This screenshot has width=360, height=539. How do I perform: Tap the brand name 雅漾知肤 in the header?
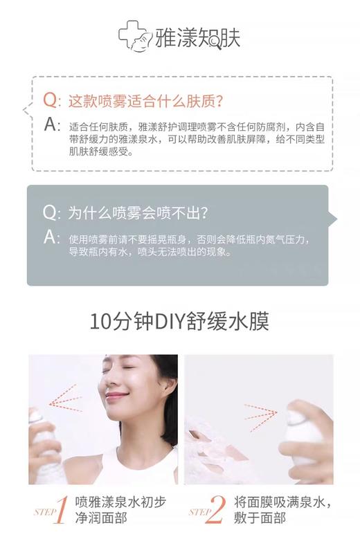[199, 37]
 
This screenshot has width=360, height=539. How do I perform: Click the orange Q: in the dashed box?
[52, 100]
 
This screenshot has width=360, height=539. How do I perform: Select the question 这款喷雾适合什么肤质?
[145, 101]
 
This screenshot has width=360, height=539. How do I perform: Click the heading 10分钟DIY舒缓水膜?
[179, 322]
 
